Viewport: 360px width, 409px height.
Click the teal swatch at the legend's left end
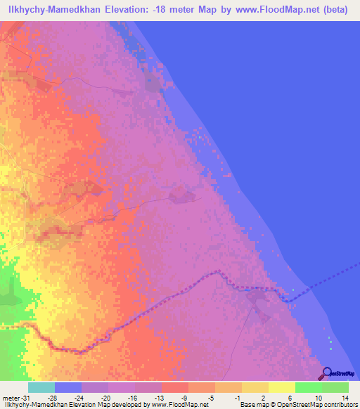[x=41, y=387]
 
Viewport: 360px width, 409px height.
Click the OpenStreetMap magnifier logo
[x=326, y=374]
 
